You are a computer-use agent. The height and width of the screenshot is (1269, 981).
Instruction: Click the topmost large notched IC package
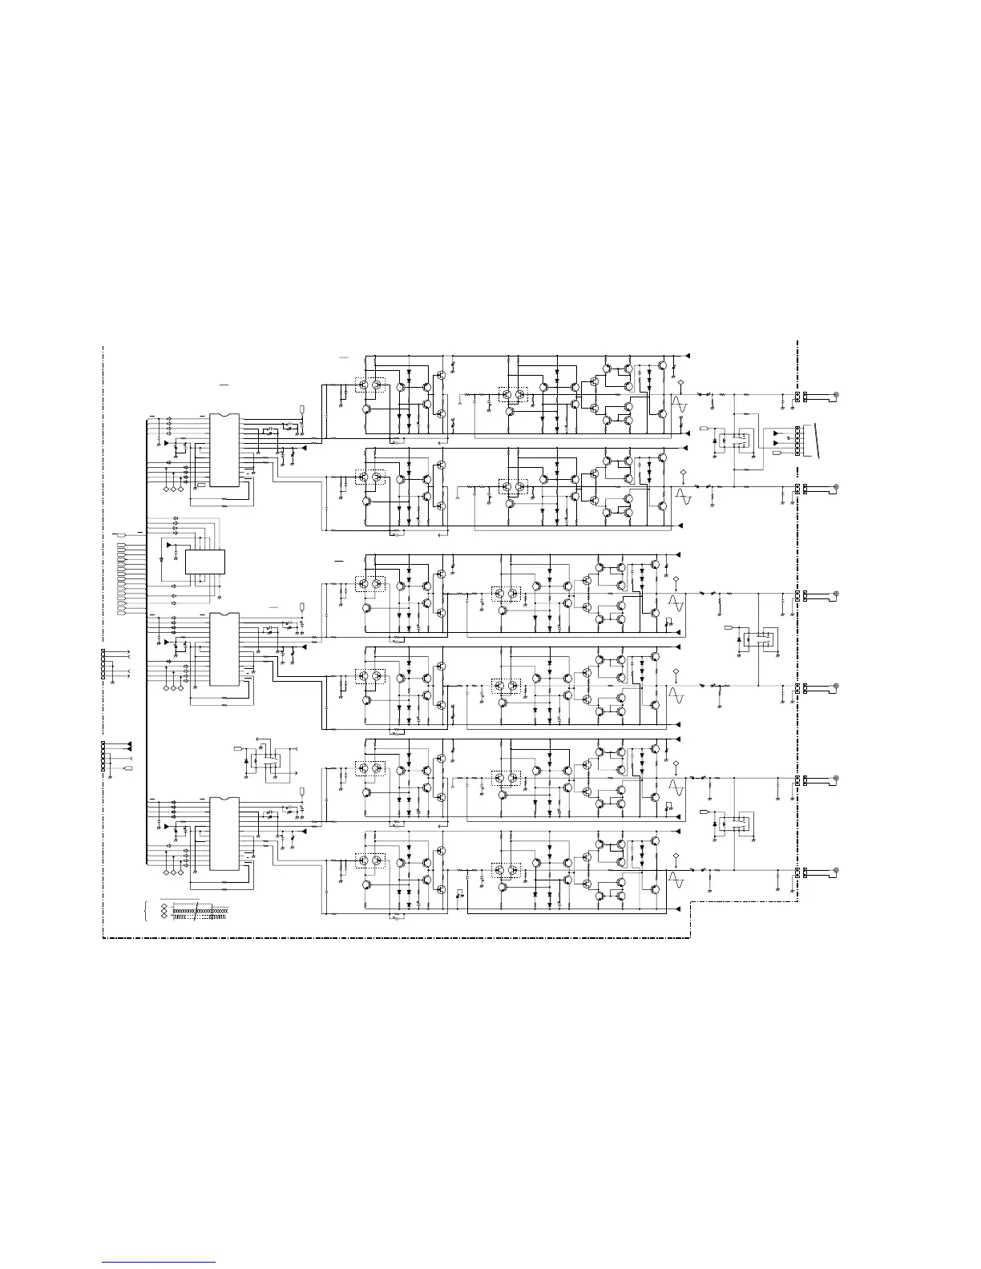(224, 450)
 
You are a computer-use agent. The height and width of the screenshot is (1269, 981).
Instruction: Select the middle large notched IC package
(224, 649)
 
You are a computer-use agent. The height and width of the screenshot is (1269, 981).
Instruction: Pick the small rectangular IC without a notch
(205, 562)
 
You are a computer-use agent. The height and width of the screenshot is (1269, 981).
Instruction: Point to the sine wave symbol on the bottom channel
(677, 880)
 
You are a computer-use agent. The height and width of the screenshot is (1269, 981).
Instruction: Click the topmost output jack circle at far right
(836, 396)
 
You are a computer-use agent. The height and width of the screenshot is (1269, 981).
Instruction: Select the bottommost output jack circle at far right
(836, 871)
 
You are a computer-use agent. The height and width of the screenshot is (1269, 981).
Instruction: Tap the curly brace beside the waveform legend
(145, 911)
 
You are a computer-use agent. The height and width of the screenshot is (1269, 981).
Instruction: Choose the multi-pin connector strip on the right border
(797, 441)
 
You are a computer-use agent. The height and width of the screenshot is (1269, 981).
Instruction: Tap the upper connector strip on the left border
(103, 664)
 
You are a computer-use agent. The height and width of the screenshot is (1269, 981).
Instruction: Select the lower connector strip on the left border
(103, 756)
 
